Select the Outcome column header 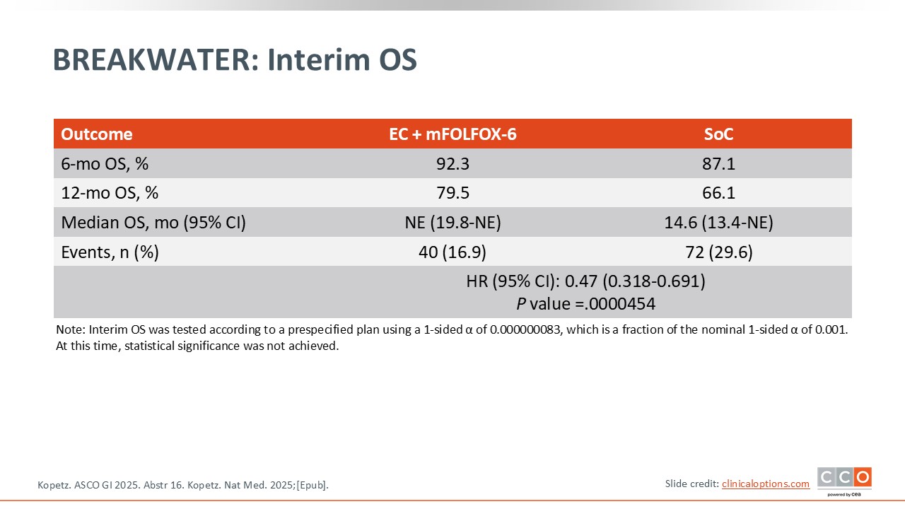[97, 134]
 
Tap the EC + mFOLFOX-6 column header [452, 134]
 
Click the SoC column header [718, 134]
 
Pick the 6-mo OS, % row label [105, 164]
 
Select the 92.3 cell [452, 163]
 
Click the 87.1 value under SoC [718, 163]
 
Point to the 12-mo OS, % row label [110, 193]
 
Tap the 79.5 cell [452, 193]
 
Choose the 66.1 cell [718, 193]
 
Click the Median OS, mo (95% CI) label [153, 223]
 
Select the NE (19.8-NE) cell [452, 223]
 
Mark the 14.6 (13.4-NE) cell [718, 223]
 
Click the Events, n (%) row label [110, 252]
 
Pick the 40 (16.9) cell [452, 252]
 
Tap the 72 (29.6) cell [718, 252]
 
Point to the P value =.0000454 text [586, 304]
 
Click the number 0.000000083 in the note [525, 329]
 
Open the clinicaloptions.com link [766, 484]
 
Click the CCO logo [844, 480]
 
